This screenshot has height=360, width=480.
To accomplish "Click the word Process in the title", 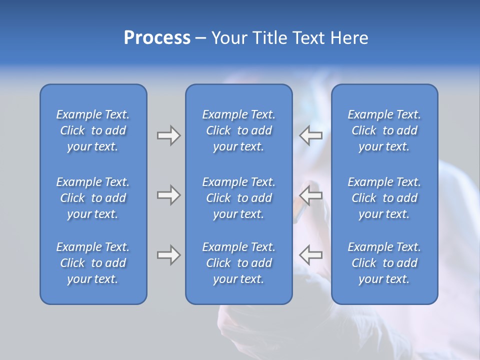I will tap(157, 38).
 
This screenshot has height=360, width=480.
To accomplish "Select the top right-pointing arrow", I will tap(168, 135).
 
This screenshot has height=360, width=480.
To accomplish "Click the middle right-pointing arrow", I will tap(168, 195).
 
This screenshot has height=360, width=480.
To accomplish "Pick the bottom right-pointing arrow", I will tap(168, 255).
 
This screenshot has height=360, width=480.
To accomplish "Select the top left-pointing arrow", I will tap(311, 135).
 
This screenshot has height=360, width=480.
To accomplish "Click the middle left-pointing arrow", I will tap(311, 195).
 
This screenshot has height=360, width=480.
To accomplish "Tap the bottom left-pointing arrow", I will tap(311, 255).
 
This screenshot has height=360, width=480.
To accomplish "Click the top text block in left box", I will tap(93, 130).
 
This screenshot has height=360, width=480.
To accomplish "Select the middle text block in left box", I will tap(93, 198).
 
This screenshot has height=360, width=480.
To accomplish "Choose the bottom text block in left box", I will tap(93, 263).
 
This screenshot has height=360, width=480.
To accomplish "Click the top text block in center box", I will tap(238, 130).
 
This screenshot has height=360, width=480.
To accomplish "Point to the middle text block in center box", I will tap(238, 198).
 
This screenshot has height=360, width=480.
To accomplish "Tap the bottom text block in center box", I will tap(238, 263).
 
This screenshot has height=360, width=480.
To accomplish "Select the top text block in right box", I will tap(384, 130).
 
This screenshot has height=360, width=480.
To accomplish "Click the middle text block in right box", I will tap(384, 198).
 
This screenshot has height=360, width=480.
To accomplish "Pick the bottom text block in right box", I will tap(384, 263).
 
